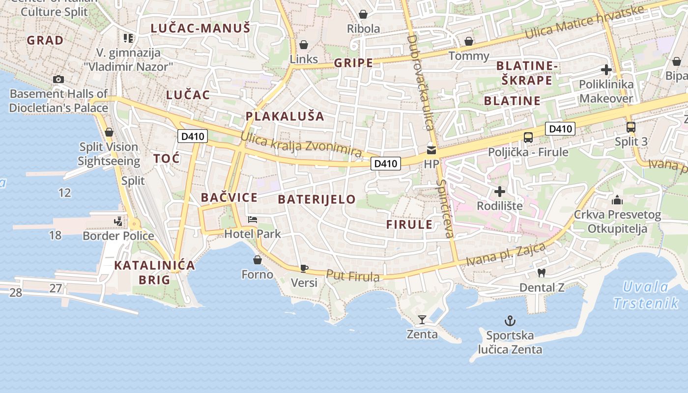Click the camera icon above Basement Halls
coord(58,79)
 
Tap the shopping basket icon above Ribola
coord(363,14)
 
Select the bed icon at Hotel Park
coord(253,219)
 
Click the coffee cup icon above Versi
coord(304,268)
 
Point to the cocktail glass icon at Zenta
coord(422,320)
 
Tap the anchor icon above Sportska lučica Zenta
coord(510,321)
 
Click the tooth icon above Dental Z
coord(542,273)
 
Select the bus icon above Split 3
coord(631,127)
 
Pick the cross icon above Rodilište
coord(500,191)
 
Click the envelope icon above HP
coord(431,150)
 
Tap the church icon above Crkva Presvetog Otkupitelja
coord(617,200)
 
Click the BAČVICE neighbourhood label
coord(229,197)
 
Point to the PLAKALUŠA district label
coord(285,116)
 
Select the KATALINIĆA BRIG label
coord(154,273)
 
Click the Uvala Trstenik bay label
coord(646,295)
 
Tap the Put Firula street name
coord(353,276)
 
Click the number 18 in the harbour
coord(55,235)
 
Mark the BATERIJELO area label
coord(316,199)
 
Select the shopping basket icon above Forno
coord(257,260)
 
